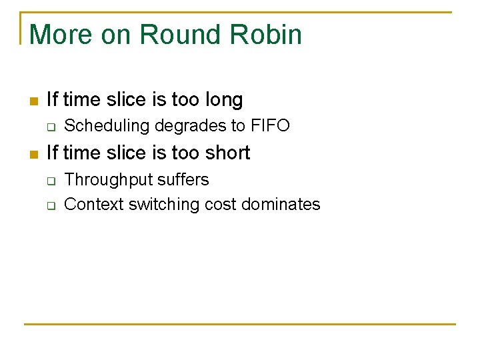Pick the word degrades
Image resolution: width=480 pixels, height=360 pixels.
click(189, 125)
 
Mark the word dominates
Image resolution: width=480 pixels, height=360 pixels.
click(281, 204)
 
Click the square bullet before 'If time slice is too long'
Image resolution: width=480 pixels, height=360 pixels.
click(33, 101)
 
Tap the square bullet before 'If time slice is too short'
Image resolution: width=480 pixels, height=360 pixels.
click(33, 154)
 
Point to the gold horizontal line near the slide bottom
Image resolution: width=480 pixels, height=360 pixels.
click(240, 324)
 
